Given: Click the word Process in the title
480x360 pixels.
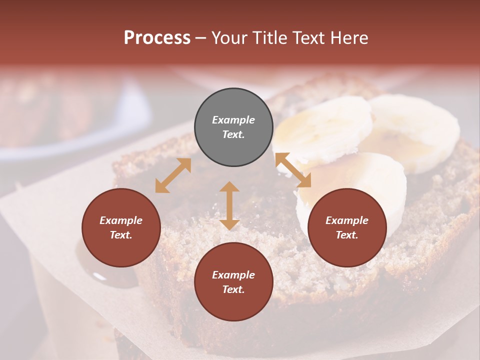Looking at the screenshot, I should tap(157, 38).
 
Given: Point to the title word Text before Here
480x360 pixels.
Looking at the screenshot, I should tap(308, 38).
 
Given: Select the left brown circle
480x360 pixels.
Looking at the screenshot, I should tap(121, 227).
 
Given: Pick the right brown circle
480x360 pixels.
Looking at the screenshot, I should tap(347, 227).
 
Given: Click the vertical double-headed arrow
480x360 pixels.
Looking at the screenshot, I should tap(229, 205).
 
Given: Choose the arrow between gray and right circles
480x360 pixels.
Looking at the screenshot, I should tap(293, 170).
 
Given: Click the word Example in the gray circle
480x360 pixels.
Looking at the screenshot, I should tap(233, 120).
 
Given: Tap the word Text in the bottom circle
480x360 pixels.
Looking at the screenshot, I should tap(233, 289).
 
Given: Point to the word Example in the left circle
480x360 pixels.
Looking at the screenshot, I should tap(121, 220).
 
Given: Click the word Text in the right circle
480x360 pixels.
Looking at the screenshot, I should tap(347, 235).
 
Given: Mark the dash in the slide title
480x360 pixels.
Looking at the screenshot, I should tap(200, 38).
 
